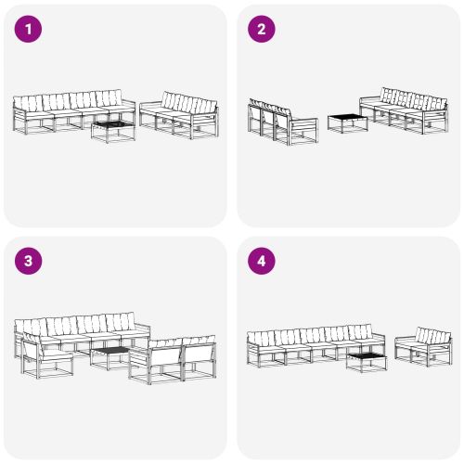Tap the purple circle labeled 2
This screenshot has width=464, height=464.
click(x=261, y=30)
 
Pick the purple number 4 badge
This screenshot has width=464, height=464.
click(x=261, y=261)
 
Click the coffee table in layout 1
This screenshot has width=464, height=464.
click(x=112, y=129)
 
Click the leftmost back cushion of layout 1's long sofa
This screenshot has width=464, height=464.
click(x=30, y=102)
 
